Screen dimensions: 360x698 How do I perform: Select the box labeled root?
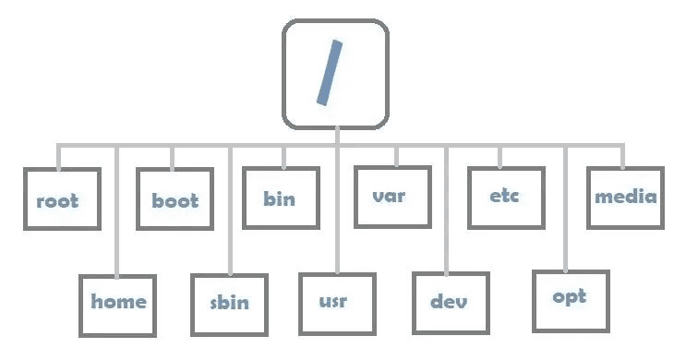tap(57, 199)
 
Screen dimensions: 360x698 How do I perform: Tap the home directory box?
tap(118, 303)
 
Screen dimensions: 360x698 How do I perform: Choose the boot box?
tap(174, 198)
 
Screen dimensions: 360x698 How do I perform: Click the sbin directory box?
tap(228, 304)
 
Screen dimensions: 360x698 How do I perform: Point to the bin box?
tap(281, 197)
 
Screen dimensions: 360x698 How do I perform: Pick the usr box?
tap(337, 303)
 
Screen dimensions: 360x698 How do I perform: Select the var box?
tap(391, 197)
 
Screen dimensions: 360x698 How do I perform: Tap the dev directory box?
tap(449, 304)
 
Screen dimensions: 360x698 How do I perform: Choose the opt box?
tap(570, 299)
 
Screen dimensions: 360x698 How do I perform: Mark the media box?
tap(625, 198)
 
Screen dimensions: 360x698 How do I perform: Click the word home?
tap(118, 302)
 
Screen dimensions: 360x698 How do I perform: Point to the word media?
tap(625, 197)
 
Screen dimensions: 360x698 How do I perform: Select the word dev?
tap(449, 303)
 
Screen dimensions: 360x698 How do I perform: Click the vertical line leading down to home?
tap(117, 212)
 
